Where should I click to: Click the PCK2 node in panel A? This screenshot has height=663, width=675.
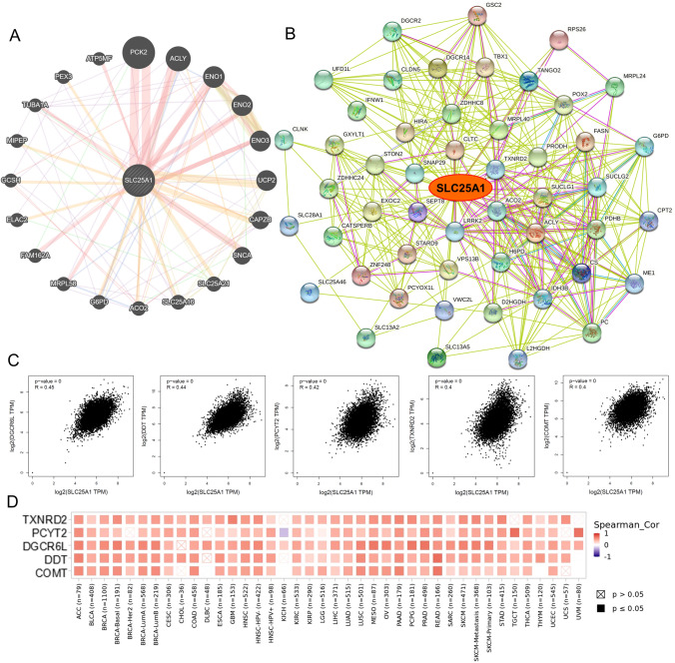[139, 50]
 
